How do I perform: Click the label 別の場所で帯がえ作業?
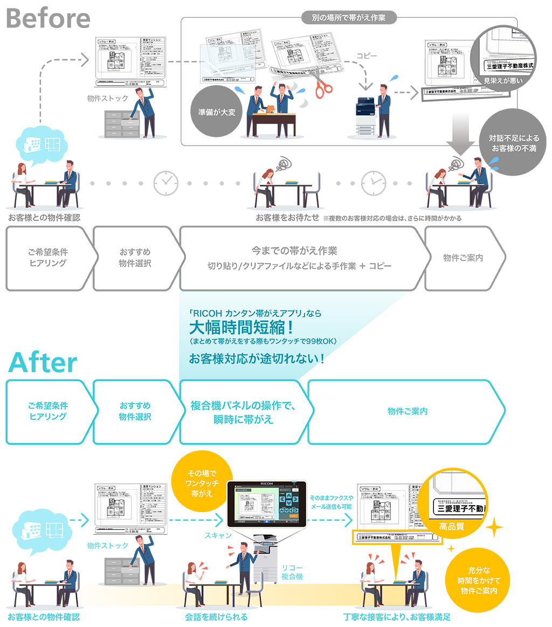pos(349,18)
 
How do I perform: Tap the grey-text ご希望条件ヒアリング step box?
pos(48,258)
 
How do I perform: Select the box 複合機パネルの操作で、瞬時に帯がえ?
pos(244,412)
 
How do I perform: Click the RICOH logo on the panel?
pos(268,484)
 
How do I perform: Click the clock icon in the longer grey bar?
pos(165,184)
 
